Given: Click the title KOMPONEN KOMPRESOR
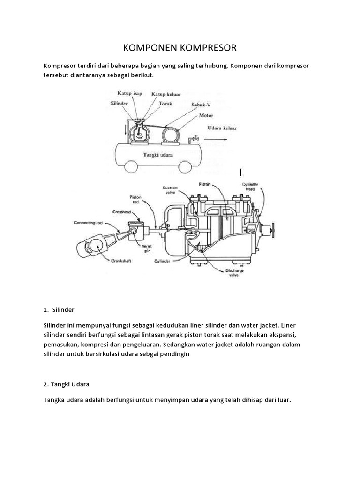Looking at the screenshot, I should tap(180, 48).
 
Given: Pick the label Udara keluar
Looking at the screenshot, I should tap(223, 127).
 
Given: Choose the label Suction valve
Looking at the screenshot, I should tap(170, 190).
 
